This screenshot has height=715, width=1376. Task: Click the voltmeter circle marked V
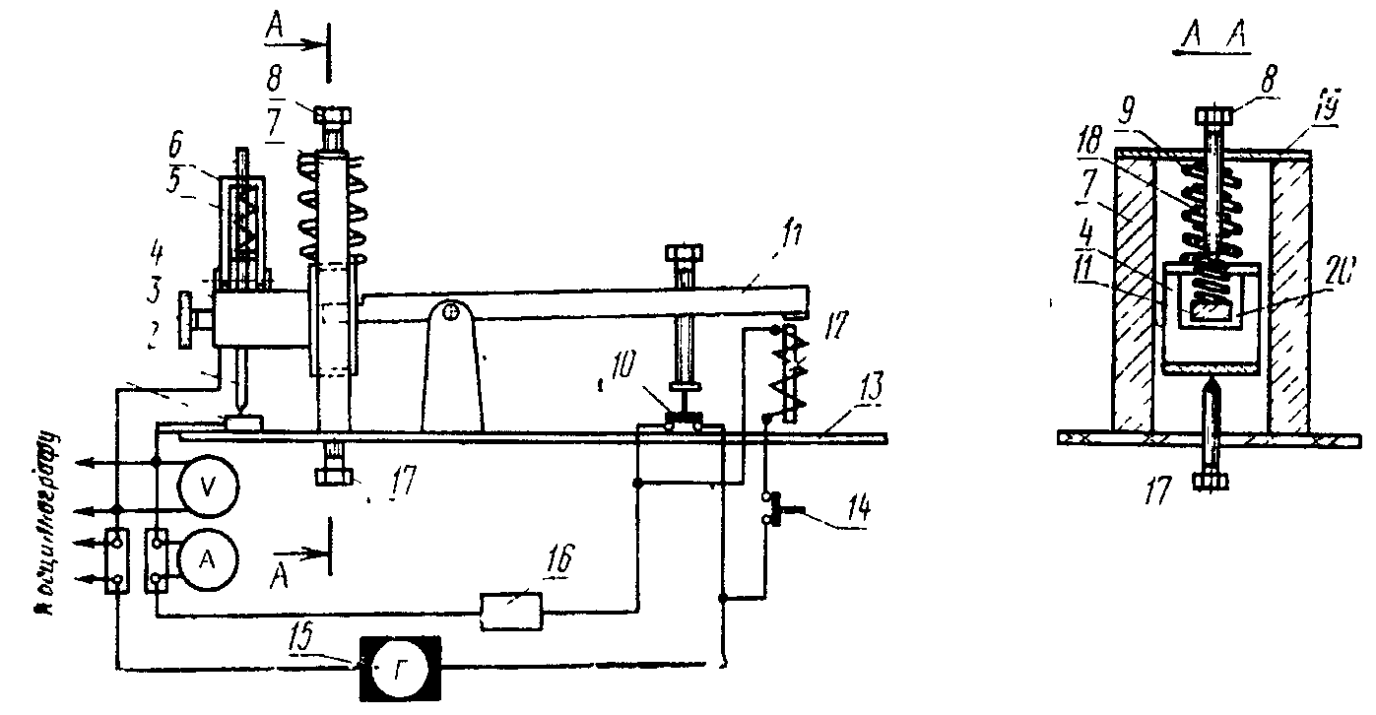click(x=206, y=487)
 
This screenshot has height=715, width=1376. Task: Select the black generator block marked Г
click(x=402, y=668)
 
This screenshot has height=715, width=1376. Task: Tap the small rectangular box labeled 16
click(x=511, y=612)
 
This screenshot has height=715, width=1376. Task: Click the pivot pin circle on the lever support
click(x=451, y=313)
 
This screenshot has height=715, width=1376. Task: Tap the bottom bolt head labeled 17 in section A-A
click(x=1212, y=482)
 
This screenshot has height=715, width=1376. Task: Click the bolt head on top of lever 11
click(x=683, y=254)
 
